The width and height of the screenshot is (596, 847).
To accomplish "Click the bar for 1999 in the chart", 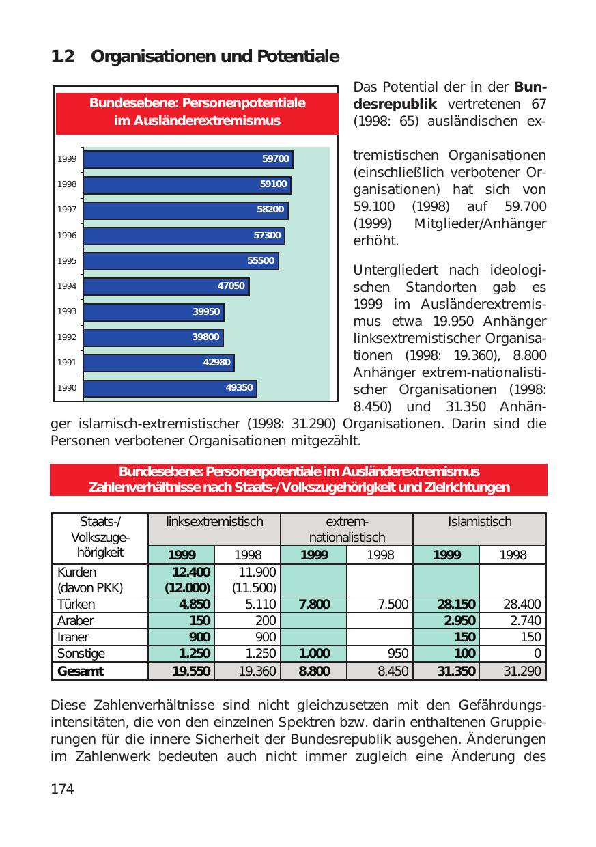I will pos(188,159).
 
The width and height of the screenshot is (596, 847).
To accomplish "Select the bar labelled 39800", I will pos(153,337).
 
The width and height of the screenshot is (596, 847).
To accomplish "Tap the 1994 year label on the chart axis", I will pos(67,286).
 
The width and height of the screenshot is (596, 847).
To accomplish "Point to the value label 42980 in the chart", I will pos(217,363).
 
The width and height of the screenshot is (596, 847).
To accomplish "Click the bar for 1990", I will pos(169,388).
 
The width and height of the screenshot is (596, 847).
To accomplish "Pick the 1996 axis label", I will pos(67,236).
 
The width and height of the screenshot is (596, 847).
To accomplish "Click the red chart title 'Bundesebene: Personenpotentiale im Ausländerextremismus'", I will pos(197,112).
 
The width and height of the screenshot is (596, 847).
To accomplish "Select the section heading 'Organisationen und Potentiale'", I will pos(215,56).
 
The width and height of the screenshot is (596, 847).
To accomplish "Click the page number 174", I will pos(62,790).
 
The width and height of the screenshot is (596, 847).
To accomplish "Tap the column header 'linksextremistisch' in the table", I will pos(214,522).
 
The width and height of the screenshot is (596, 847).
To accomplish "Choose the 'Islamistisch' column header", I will pos(479,522).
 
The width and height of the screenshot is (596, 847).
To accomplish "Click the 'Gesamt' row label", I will pos(81,671).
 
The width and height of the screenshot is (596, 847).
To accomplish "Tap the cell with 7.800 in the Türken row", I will pos(314,604).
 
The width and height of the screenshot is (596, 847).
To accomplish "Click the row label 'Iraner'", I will pos(73,637).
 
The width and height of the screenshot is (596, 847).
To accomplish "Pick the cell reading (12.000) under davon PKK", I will pos(187,587).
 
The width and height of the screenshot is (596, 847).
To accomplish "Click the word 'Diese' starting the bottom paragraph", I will pos(69,704).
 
